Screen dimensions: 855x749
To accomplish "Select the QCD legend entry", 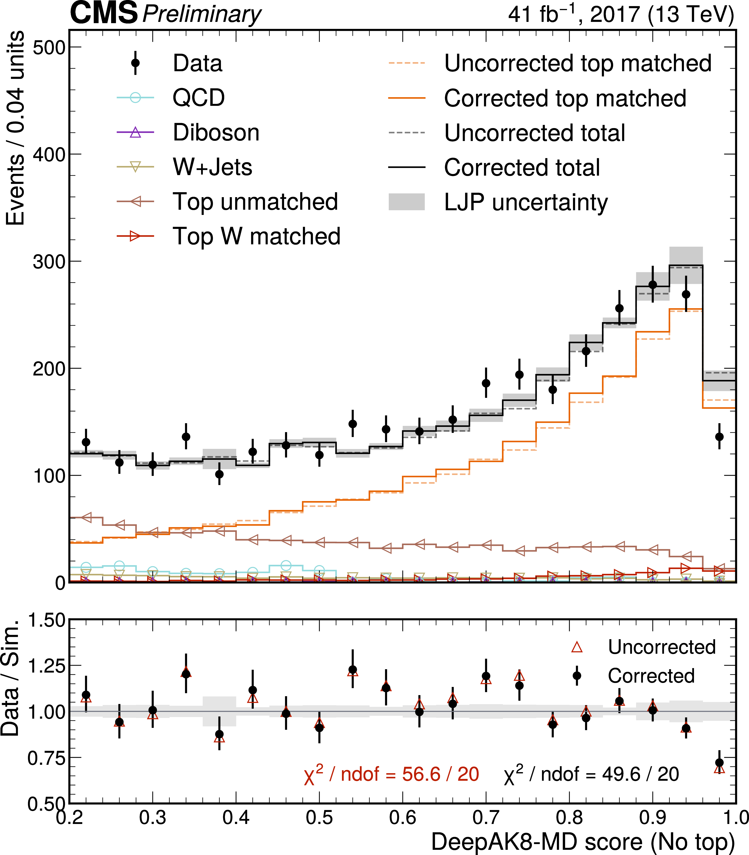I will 199,98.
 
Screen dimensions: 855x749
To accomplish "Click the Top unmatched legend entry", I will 255,202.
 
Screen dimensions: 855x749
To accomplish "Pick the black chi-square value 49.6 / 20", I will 591,774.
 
